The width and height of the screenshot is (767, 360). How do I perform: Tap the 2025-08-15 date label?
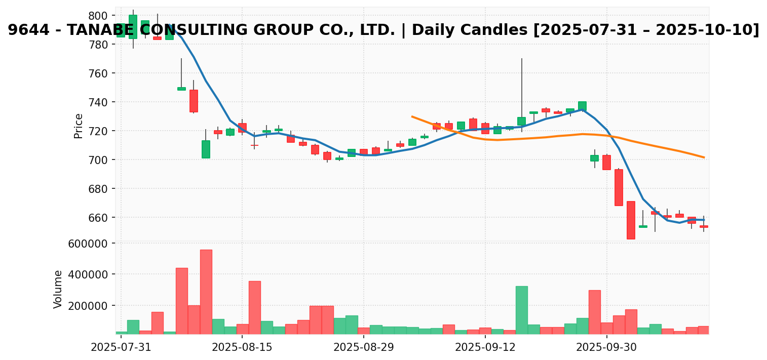click(x=242, y=348)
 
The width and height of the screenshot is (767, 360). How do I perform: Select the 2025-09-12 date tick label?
click(x=485, y=348)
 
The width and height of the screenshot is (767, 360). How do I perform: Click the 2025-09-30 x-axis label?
click(x=607, y=348)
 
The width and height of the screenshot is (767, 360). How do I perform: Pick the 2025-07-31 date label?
click(x=121, y=348)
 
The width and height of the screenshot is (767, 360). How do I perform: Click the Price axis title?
click(x=79, y=126)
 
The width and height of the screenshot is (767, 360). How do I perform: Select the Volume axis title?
click(x=58, y=289)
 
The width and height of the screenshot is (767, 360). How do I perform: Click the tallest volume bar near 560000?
click(x=206, y=292)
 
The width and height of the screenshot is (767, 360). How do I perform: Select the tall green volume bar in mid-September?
click(x=522, y=310)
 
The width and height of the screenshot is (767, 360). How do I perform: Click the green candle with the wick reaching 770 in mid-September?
click(x=522, y=121)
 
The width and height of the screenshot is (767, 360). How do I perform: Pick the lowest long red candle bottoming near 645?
click(x=631, y=220)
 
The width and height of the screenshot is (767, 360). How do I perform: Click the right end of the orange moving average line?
click(x=704, y=157)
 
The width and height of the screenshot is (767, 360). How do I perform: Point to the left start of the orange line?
click(x=412, y=116)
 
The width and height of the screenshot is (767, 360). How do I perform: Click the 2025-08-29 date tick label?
click(x=364, y=348)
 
